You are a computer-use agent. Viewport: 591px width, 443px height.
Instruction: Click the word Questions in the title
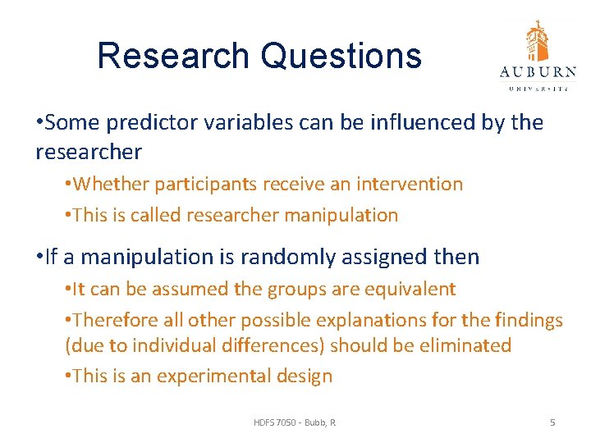341,56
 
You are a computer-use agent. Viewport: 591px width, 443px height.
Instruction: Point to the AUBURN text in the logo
538,72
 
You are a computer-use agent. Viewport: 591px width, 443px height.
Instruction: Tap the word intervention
415,185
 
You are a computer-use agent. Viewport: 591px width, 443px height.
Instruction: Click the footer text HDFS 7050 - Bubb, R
295,422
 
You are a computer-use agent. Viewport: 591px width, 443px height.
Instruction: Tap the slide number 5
552,422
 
